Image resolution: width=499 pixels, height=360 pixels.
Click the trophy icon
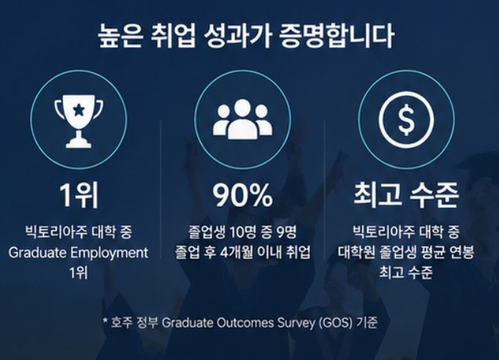78,121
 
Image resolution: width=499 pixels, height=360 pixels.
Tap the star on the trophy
78,110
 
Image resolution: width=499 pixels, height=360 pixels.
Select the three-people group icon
243,119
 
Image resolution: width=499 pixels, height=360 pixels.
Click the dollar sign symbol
406,119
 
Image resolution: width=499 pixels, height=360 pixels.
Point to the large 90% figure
243,195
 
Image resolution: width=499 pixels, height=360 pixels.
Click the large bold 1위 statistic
79,195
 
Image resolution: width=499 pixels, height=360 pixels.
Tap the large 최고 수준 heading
406,194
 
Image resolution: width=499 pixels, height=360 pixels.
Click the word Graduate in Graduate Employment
38,252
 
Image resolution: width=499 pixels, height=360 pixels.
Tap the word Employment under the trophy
109,253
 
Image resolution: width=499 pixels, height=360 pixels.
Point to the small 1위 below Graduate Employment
78,273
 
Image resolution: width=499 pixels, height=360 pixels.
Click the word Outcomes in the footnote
245,323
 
